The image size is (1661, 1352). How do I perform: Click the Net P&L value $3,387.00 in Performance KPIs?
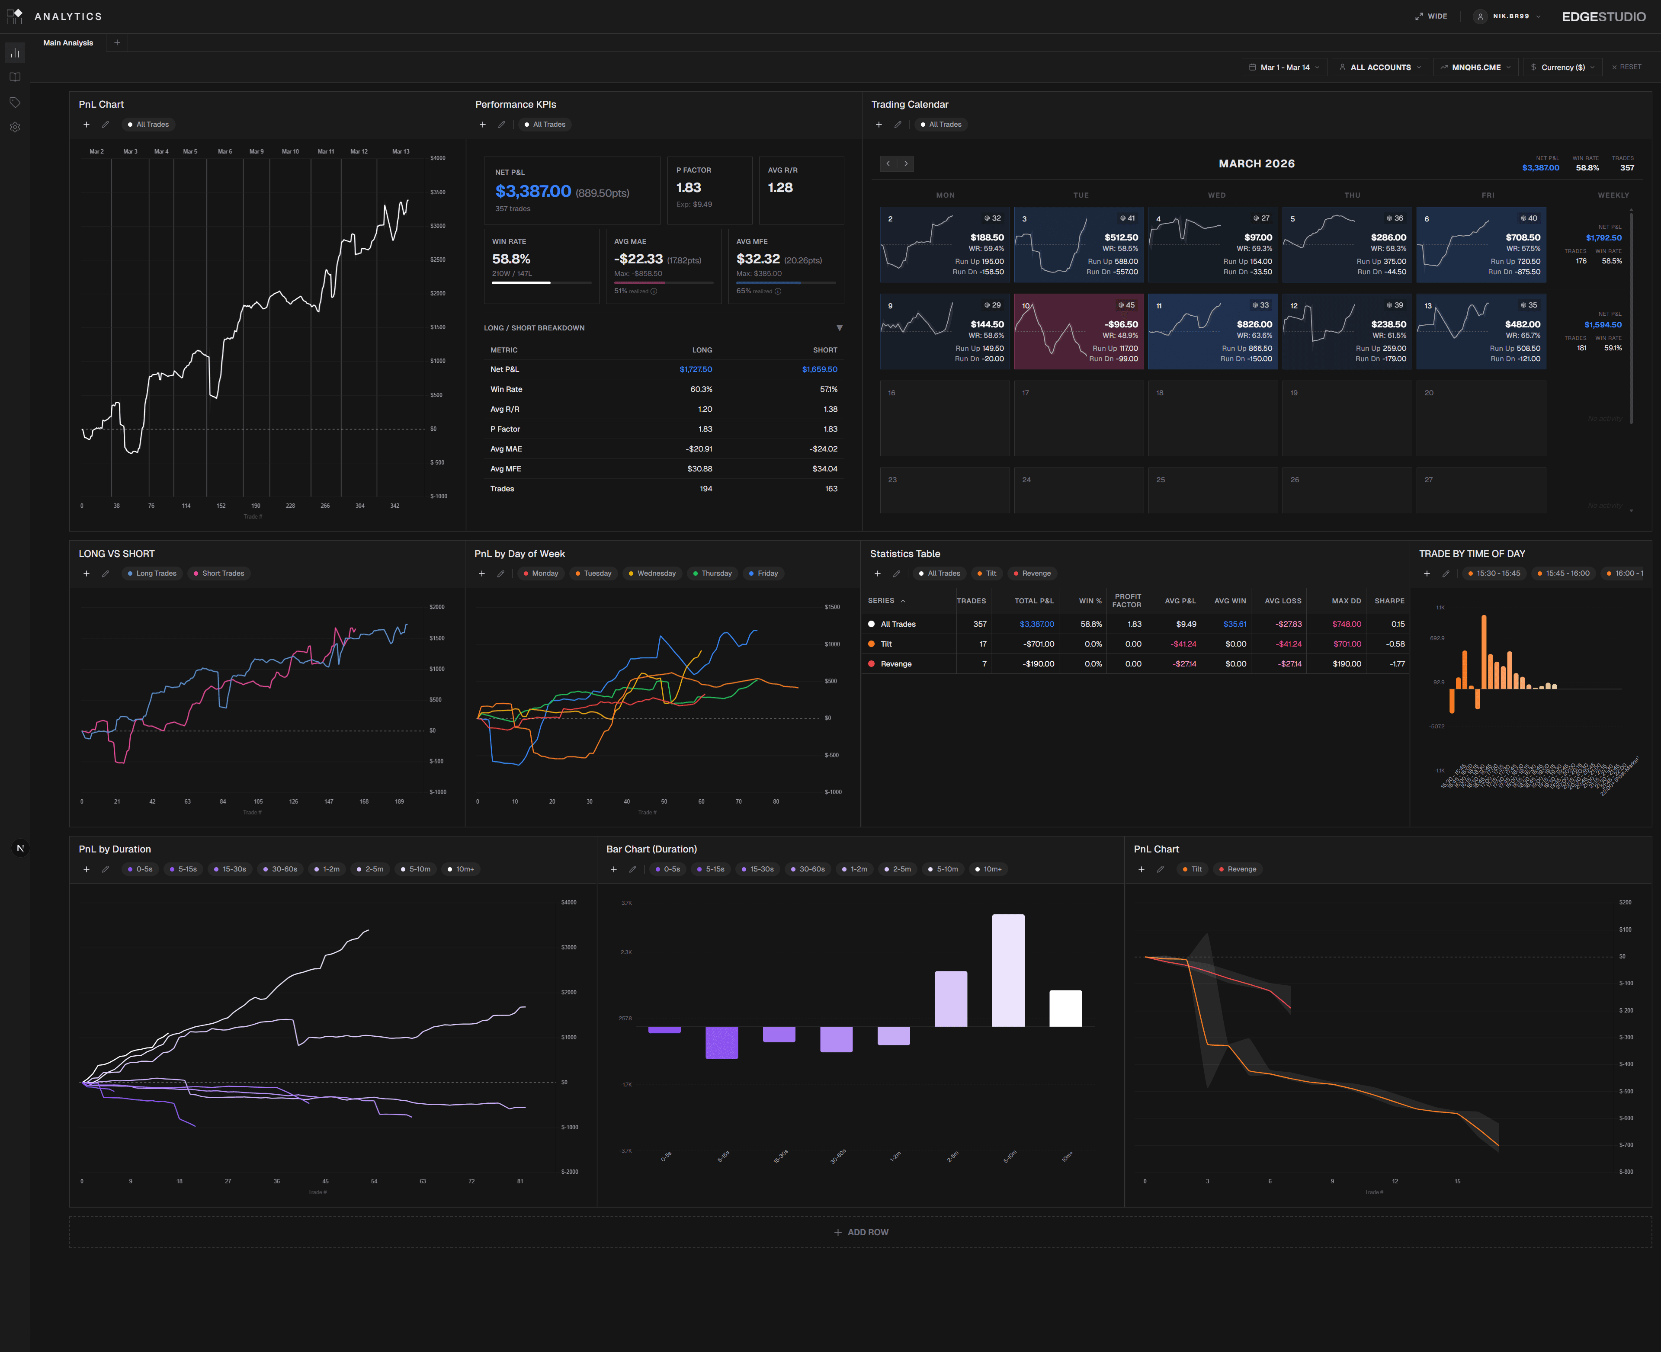532,192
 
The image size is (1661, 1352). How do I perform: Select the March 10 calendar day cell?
1078,331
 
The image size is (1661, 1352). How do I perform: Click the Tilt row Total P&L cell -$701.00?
1038,644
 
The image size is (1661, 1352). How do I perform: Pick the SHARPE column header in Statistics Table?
1389,600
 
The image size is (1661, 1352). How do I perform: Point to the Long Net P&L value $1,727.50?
696,369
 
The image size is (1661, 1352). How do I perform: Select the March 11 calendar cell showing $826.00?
1212,331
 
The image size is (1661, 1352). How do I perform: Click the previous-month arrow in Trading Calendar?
888,163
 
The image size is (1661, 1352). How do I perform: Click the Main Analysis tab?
68,43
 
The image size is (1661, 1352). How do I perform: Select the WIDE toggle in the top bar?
1431,16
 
